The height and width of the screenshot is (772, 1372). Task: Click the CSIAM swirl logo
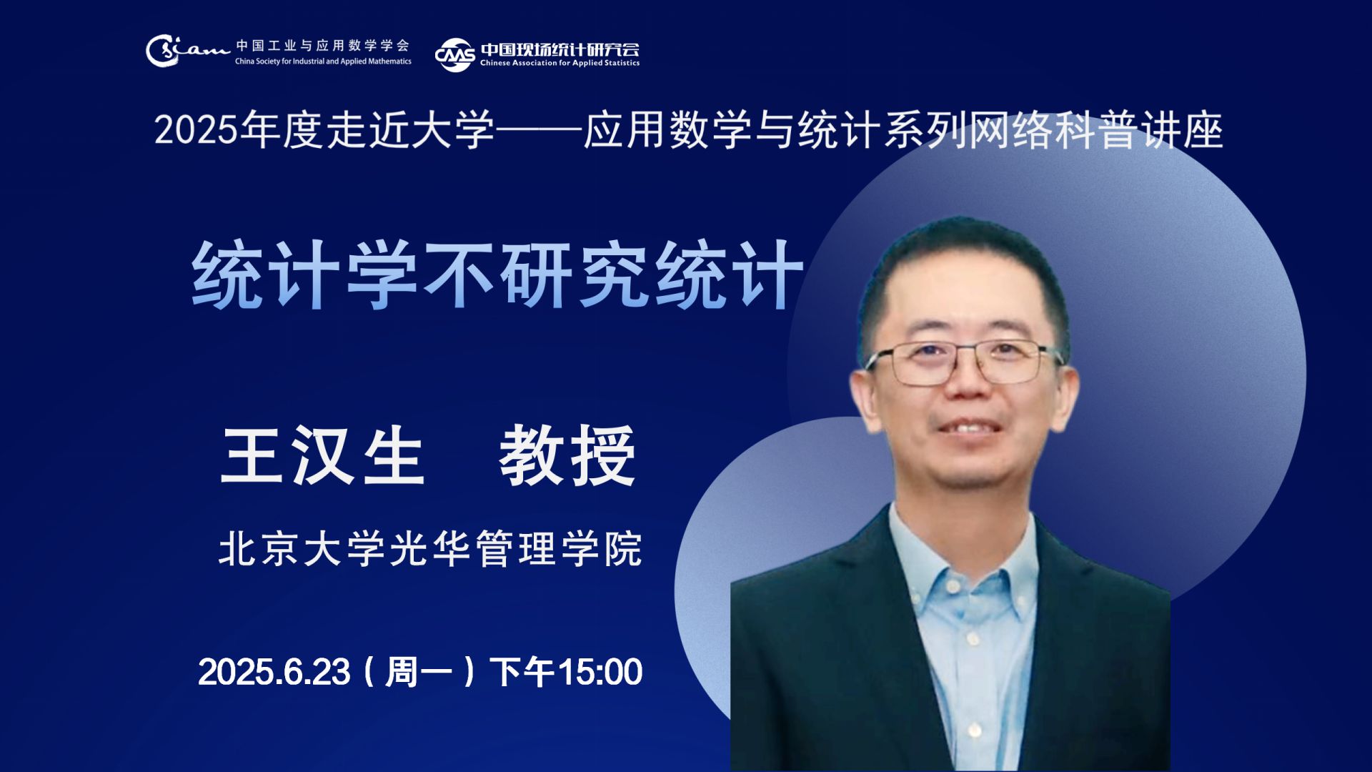(187, 51)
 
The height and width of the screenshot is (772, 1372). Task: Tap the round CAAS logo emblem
(454, 55)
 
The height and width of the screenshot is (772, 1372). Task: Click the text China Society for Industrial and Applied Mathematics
(323, 61)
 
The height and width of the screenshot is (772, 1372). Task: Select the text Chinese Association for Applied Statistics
(560, 63)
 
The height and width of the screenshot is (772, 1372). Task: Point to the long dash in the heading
(539, 131)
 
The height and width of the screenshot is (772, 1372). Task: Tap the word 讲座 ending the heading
(1182, 131)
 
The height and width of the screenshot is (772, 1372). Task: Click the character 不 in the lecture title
(458, 274)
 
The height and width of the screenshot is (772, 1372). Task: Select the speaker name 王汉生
(322, 455)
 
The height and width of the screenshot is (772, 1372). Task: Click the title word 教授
(567, 455)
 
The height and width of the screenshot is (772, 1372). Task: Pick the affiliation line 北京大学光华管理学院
(430, 549)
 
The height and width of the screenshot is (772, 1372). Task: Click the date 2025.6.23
(274, 672)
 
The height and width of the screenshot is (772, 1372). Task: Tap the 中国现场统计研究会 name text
(560, 49)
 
